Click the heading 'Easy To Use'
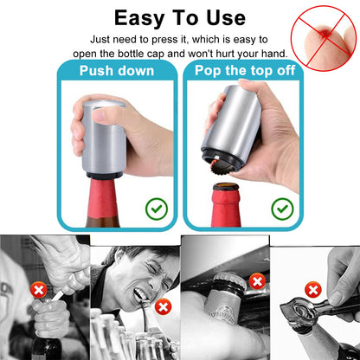pyautogui.click(x=179, y=18)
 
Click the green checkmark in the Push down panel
pyautogui.click(x=157, y=208)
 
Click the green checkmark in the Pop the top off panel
pyautogui.click(x=282, y=208)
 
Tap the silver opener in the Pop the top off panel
pyautogui.click(x=233, y=134)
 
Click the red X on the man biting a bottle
pyautogui.click(x=163, y=307)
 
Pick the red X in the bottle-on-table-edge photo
pyautogui.click(x=256, y=280)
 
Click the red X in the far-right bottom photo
pyautogui.click(x=313, y=289)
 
